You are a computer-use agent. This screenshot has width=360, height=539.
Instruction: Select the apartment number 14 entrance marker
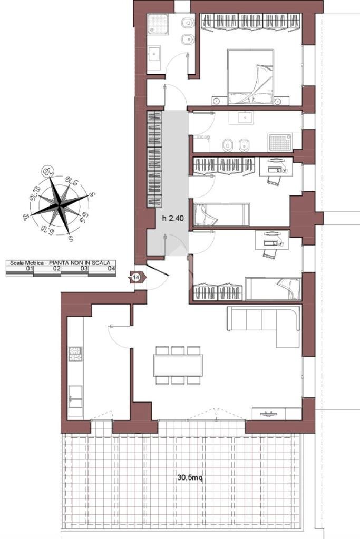[x=136, y=277]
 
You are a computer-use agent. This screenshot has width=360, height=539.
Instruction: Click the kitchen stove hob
[x=75, y=354]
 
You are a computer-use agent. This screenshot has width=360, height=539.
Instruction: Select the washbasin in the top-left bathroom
[x=155, y=53]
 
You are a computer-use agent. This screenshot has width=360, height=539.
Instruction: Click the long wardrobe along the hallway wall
[x=153, y=158]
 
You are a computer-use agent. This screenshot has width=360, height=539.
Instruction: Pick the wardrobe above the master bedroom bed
[x=250, y=22]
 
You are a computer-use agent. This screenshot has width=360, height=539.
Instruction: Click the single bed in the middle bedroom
[x=221, y=214]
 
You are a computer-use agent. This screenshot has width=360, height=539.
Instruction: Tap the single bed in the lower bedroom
[x=273, y=289]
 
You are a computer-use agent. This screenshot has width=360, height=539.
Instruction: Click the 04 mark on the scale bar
[x=111, y=269]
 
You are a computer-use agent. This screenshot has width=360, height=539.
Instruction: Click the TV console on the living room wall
[x=269, y=414]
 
